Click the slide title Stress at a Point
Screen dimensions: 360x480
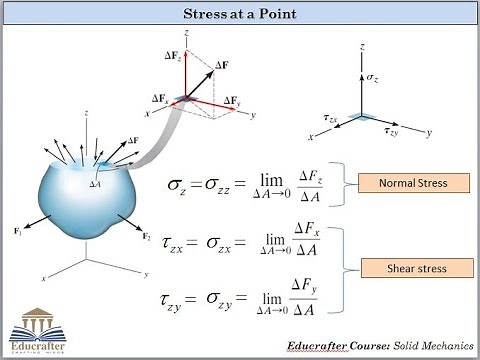(x=240, y=15)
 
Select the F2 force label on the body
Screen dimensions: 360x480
(x=147, y=237)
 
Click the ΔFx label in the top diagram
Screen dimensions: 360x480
(x=161, y=99)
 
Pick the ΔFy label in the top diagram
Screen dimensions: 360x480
(x=231, y=101)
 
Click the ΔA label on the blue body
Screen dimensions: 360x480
(x=95, y=184)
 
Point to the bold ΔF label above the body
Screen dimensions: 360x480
(x=134, y=141)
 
